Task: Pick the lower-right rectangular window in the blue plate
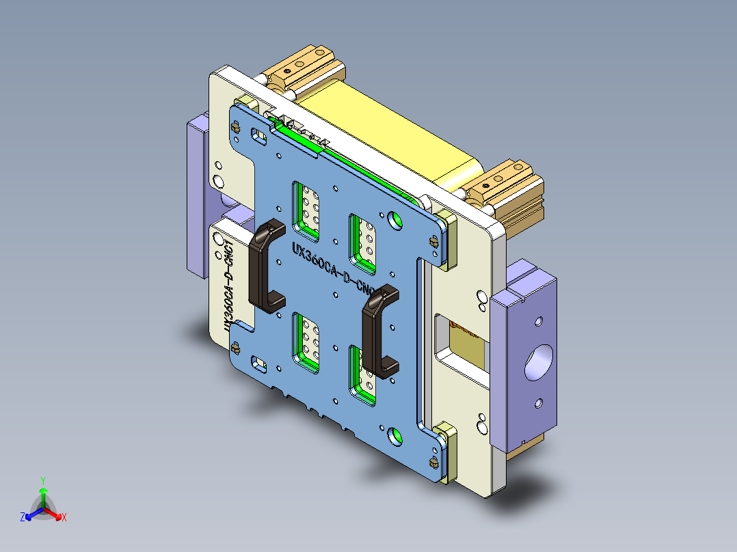pos(362,372)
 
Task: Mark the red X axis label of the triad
pos(64,518)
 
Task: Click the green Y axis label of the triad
pos(42,480)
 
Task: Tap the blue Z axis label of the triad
pos(23,518)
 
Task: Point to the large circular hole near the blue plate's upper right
pos(394,219)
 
